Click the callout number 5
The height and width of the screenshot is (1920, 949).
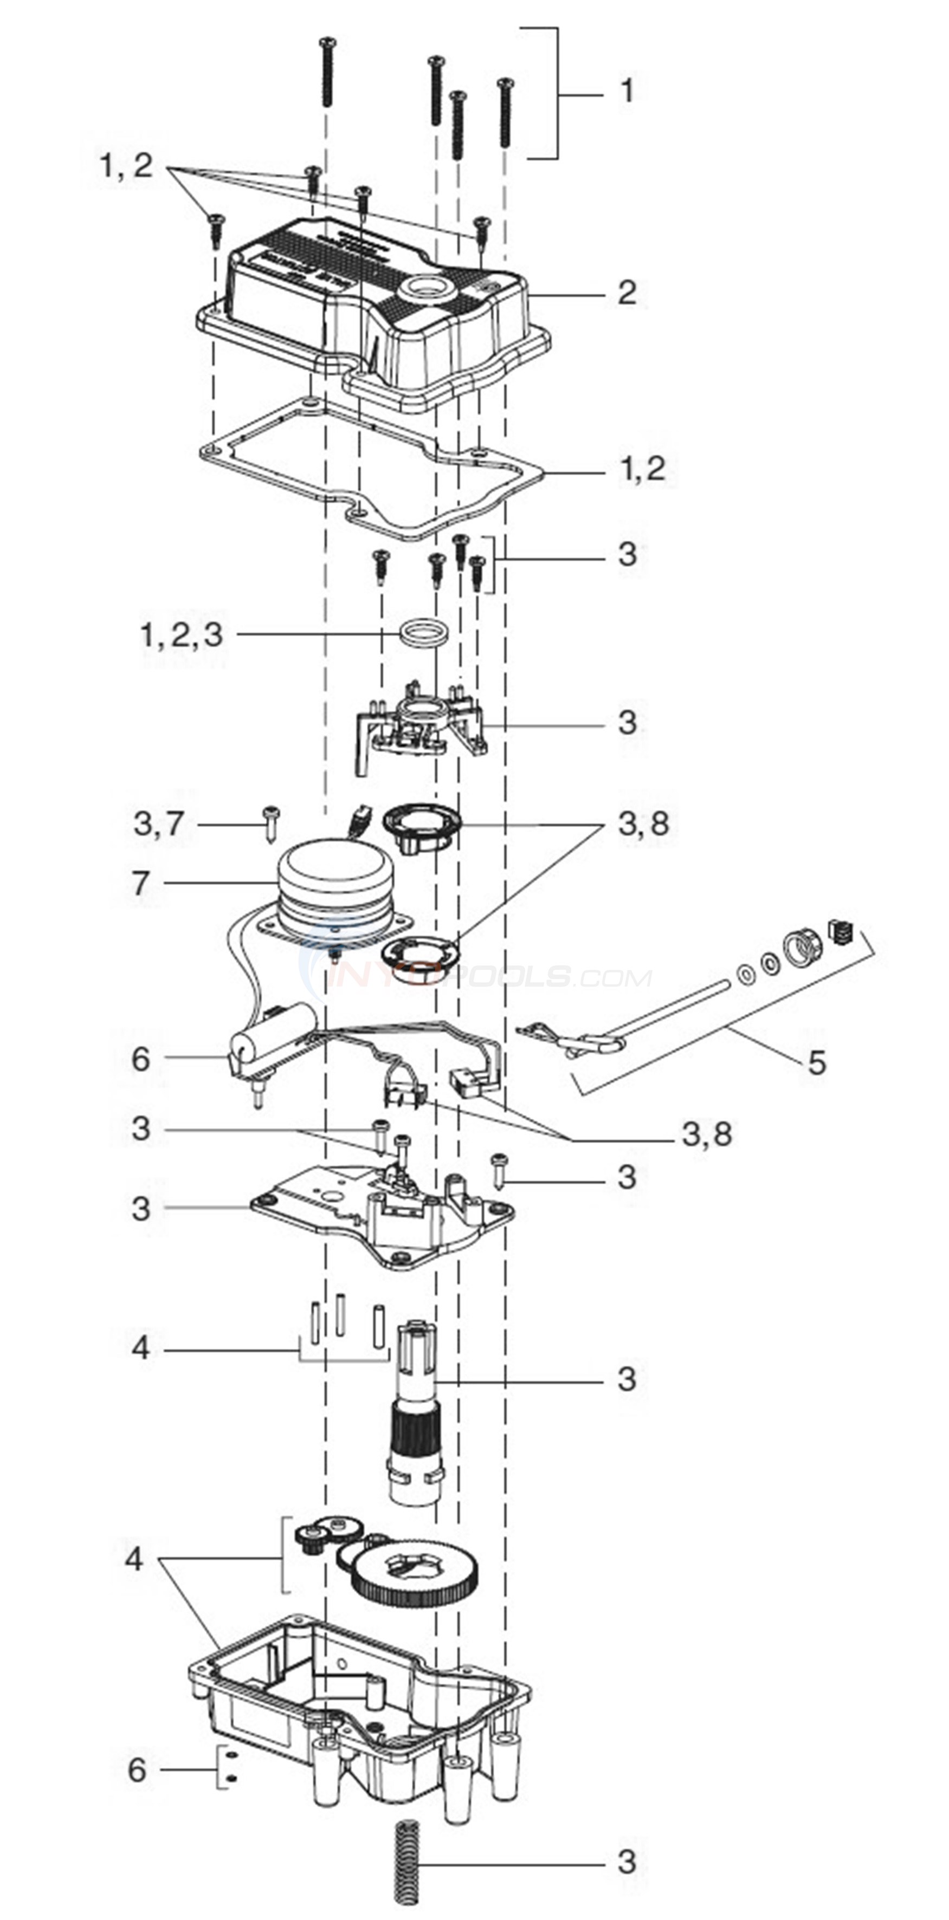coord(817,1062)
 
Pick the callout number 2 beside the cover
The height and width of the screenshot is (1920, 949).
coord(627,293)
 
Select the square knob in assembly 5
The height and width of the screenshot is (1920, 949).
coord(840,932)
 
